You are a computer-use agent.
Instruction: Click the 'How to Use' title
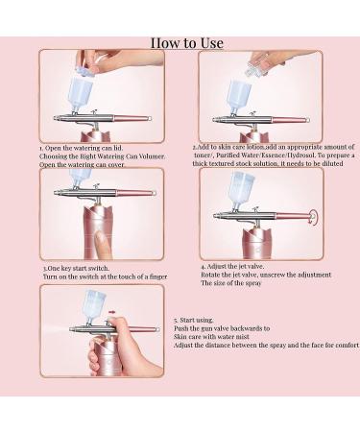[186, 42]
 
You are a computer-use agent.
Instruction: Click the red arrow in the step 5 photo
[117, 312]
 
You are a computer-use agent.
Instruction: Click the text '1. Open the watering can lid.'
[84, 150]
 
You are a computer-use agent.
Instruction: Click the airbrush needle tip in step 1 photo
[154, 118]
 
